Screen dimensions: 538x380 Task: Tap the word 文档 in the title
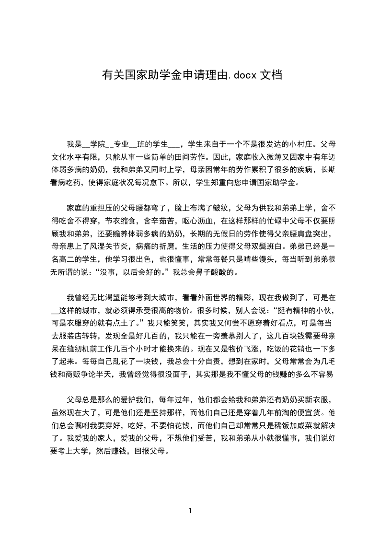tap(270, 75)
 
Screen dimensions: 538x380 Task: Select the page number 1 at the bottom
tap(190, 510)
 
